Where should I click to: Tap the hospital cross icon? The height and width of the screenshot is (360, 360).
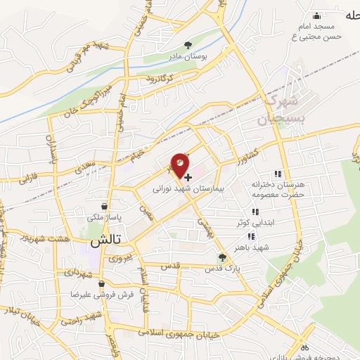point(188,178)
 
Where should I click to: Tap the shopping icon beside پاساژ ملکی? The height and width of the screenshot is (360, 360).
point(104,207)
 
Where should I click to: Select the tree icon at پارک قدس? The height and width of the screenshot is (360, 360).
point(222,258)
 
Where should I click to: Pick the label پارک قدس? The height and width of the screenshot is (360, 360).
point(223,269)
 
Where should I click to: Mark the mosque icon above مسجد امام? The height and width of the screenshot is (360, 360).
point(316,15)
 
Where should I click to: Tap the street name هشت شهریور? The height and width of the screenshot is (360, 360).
point(65,238)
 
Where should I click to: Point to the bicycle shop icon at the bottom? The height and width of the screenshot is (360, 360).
point(304,347)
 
